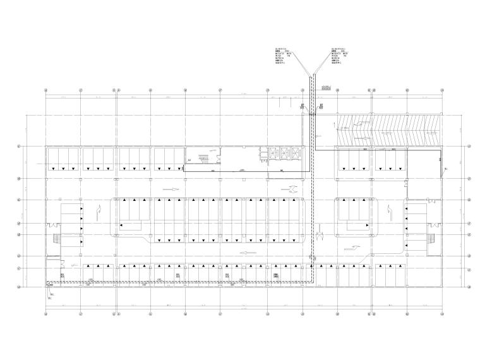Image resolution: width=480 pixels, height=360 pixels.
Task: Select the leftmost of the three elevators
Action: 273,153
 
